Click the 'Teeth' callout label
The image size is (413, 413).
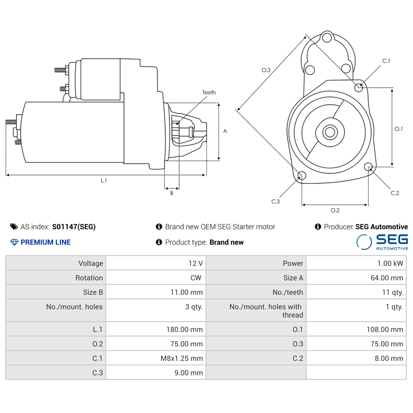tap(209, 92)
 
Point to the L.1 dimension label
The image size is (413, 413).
tap(104, 180)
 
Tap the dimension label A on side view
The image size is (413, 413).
tap(225, 131)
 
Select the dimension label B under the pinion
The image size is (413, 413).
tap(172, 194)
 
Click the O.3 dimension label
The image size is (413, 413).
tap(266, 70)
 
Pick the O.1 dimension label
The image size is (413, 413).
tap(399, 129)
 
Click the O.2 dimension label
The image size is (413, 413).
tap(335, 210)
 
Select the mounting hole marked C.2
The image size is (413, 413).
tap(369, 167)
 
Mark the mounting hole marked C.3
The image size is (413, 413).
tap(302, 176)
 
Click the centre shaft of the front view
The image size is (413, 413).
tap(329, 132)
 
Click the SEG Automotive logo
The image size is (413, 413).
tap(382, 242)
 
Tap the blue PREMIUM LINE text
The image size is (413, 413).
tap(45, 242)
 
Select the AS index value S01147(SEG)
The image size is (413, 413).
tap(74, 227)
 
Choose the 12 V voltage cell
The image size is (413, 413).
tap(196, 263)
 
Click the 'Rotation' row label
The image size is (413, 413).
tap(89, 278)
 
